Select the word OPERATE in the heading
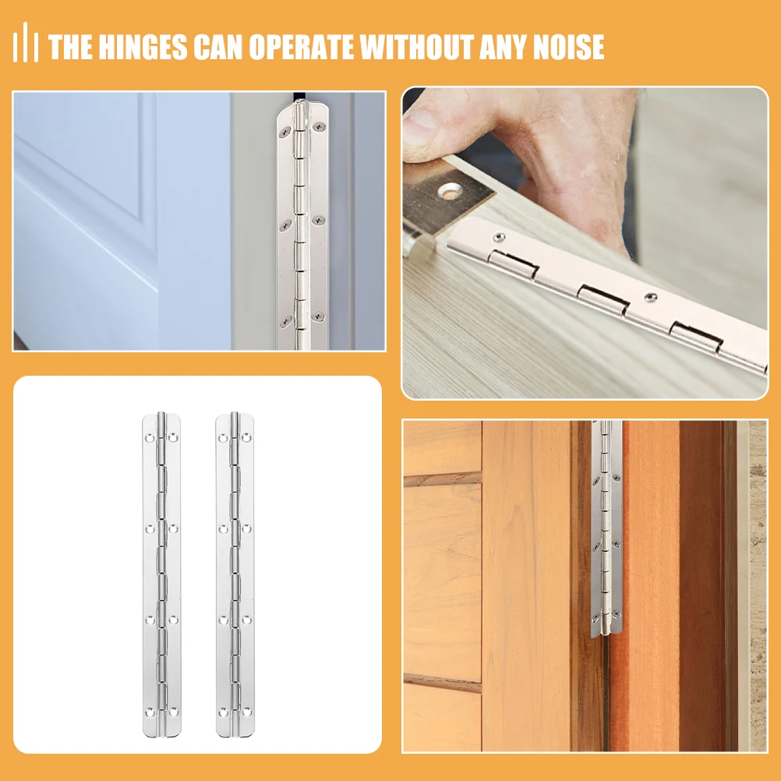click(303, 47)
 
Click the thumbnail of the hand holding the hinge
click(585, 242)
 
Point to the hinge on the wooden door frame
click(606, 526)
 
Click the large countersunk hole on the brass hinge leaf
click(450, 189)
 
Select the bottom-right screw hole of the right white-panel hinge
click(246, 712)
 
